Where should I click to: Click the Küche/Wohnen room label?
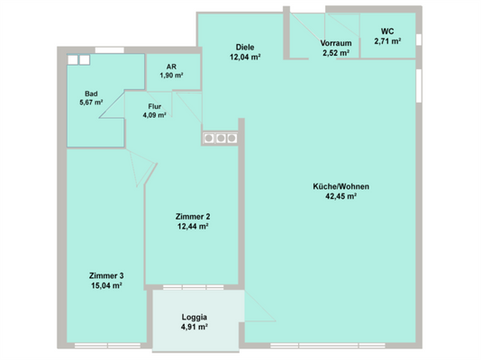340,186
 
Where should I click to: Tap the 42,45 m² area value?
340,196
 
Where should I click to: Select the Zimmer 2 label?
193,216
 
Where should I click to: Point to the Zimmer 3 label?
106,275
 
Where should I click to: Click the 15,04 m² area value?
106,285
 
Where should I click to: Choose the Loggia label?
195,317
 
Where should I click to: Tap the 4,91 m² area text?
195,327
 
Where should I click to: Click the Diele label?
245,47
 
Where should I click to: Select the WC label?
387,31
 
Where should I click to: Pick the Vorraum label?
336,43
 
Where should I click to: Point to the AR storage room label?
171,67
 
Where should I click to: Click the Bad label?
91,94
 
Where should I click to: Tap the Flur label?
155,106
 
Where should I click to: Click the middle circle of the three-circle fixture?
221,139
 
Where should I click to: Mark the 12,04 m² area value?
245,57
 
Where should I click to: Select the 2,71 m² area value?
387,41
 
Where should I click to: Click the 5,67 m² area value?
91,103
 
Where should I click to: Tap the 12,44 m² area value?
193,227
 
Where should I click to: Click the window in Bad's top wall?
110,49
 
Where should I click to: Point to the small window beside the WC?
419,40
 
